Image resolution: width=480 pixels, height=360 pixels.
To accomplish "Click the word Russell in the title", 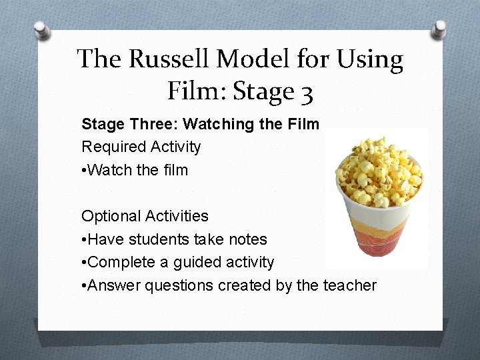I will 171,59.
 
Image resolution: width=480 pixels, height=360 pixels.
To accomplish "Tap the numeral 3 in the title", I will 305,91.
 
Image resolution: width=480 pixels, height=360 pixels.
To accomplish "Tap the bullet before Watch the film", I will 84,170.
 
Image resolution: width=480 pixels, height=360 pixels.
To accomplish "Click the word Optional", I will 107,216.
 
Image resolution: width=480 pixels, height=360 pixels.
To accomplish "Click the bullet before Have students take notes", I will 84,239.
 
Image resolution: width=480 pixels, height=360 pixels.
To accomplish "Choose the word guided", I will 199,263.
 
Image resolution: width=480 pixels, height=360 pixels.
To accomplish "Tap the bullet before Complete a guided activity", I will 84,263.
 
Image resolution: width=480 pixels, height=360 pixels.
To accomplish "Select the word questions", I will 171,286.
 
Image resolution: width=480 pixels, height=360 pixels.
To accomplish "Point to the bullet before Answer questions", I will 84,285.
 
